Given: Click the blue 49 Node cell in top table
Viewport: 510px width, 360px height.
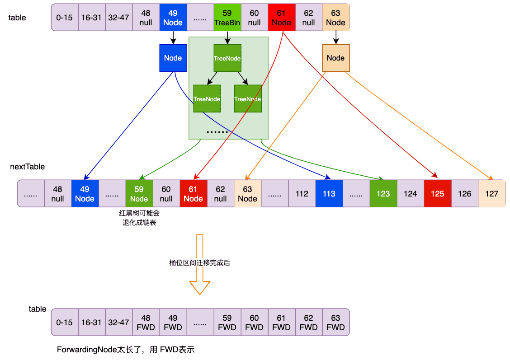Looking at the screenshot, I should pos(173,18).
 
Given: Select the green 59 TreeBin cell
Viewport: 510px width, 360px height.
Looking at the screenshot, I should pos(227,18).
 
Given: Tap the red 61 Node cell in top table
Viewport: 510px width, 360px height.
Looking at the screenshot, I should pos(281,18).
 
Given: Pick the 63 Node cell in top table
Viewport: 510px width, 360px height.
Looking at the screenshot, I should pos(335,18).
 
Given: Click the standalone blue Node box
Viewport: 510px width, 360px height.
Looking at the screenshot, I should pos(173,58).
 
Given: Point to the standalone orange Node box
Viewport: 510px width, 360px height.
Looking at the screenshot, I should pos(335,58).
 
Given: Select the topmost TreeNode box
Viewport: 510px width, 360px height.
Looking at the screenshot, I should pos(227,58).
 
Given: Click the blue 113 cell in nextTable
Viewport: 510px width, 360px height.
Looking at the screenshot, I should pos(329,194).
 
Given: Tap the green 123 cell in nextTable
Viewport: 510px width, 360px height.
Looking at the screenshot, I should pos(383,194).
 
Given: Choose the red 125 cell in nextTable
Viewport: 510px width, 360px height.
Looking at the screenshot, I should pos(437,194).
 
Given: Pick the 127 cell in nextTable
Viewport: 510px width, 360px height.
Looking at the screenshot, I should pos(491,194).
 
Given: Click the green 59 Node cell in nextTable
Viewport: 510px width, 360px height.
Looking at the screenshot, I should pos(139,194).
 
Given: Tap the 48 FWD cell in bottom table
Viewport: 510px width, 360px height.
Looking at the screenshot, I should pos(146,323).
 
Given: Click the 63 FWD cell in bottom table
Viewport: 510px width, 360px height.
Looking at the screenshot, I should pos(335,323).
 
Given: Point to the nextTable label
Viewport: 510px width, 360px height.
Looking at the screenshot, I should pos(27,167).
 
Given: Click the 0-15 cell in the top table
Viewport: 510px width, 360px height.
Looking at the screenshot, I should pos(65,18).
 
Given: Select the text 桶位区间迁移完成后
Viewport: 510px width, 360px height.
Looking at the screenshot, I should pos(199,262).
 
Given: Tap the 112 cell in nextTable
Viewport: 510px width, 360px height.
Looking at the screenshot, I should pos(302,194).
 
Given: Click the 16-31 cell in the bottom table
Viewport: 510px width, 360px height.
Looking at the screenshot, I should pos(91,323).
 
